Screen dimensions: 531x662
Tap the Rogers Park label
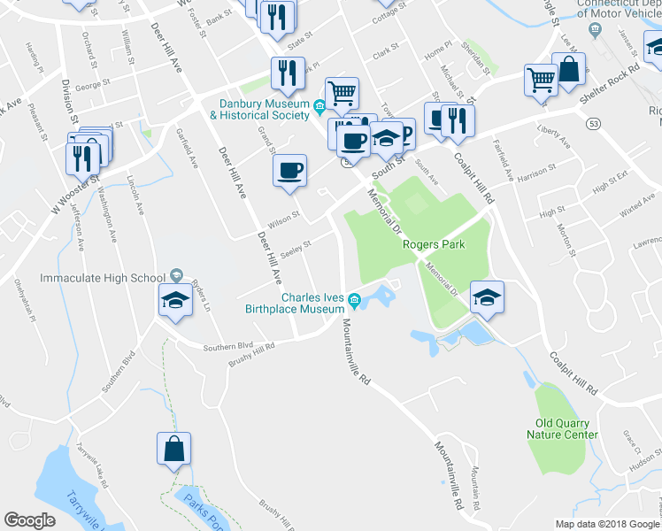433,245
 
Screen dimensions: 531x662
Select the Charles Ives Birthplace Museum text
306,303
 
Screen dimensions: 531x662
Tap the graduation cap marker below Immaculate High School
175,301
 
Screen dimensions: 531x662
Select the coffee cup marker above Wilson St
289,171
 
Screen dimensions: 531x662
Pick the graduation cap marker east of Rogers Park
487,297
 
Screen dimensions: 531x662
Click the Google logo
29,520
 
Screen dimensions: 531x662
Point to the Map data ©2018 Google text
607,524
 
